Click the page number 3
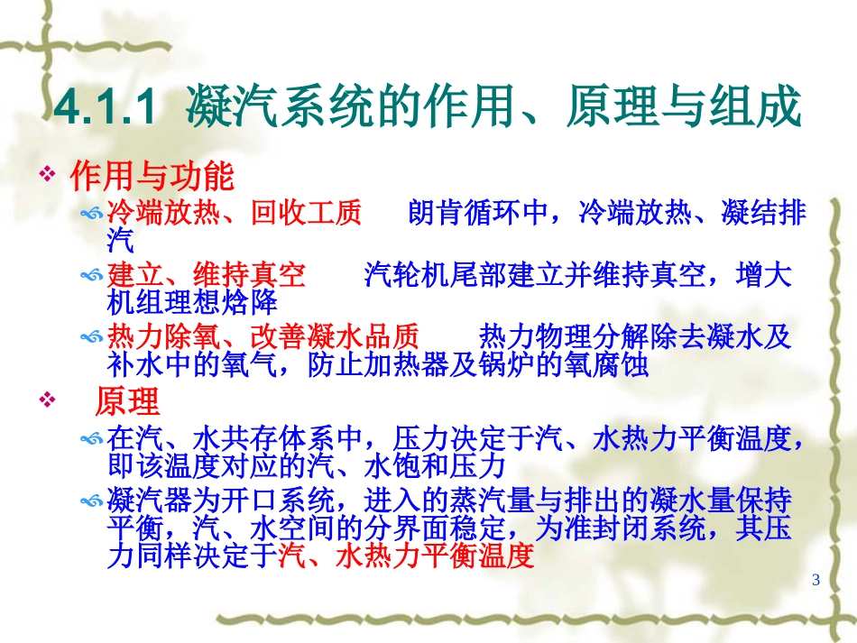pos(816,580)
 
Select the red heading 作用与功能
pos(152,176)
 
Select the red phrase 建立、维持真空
pos(207,275)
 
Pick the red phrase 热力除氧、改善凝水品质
pos(263,338)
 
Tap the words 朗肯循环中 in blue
pos(479,213)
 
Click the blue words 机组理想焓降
pos(192,303)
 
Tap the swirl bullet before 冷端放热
pos(92,214)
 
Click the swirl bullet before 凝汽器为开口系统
pos(92,501)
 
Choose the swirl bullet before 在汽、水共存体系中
pos(92,439)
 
